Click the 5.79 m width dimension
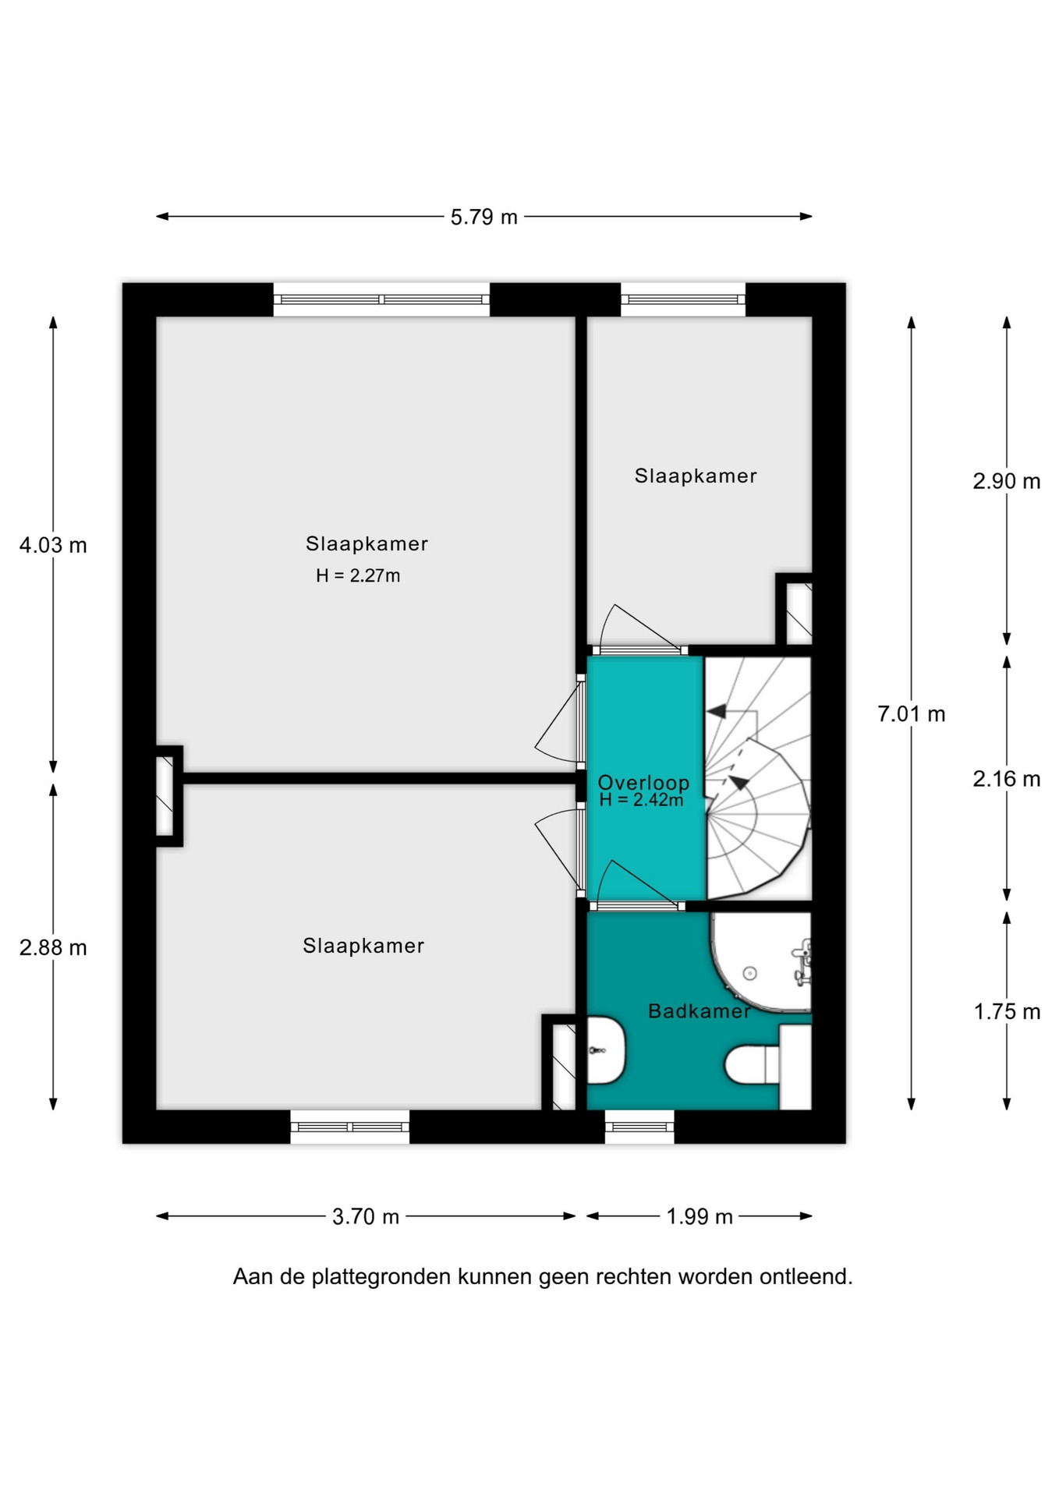pos(483,217)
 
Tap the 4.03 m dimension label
pos(53,545)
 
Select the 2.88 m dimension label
pos(53,947)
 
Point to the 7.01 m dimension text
pos(911,713)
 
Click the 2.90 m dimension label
pos(1006,481)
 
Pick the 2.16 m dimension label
pos(1006,778)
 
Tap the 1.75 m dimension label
pos(1006,1011)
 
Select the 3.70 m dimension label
pos(366,1216)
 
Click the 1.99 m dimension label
pos(700,1216)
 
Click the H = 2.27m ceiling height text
pos(358,575)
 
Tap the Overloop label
pos(643,782)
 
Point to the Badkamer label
pos(700,1010)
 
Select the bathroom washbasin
pos(605,1050)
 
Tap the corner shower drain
pos(750,972)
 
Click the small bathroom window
pos(639,1127)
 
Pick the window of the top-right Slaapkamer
pos(683,299)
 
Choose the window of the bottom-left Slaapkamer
pos(350,1127)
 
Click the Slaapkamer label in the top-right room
pos(696,476)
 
